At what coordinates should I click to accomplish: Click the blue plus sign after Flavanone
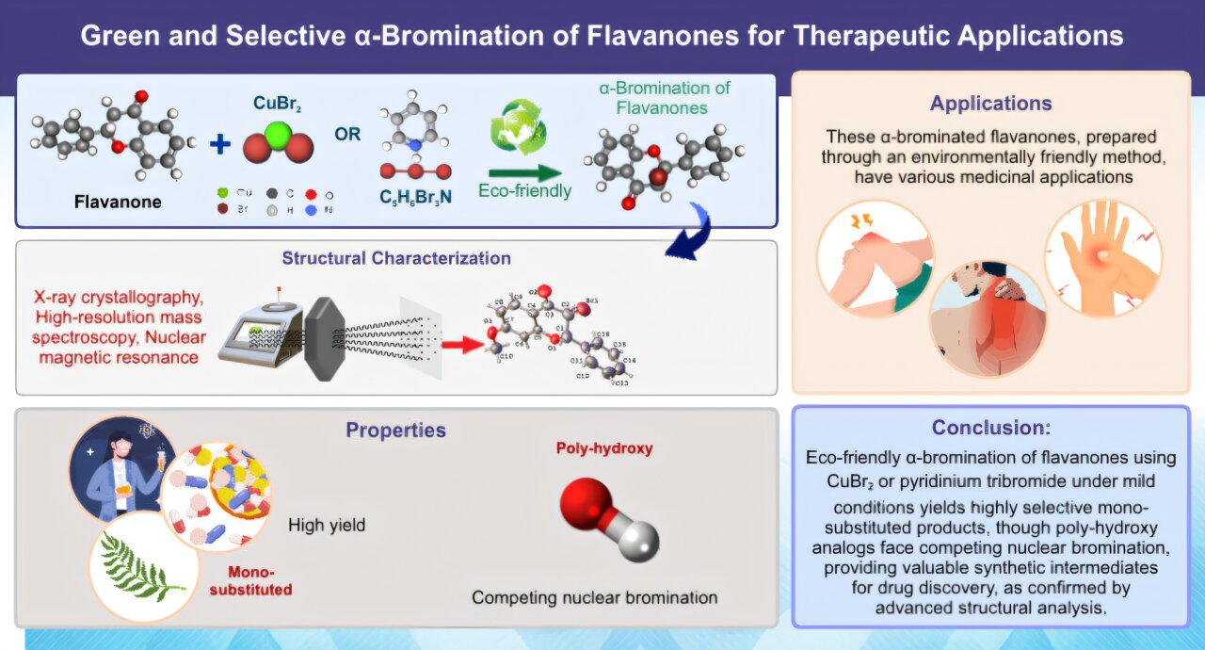coord(219,143)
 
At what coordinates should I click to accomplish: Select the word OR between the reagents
coord(347,134)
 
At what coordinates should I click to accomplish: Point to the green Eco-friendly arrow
coord(524,172)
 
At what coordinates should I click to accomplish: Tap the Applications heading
coord(991,104)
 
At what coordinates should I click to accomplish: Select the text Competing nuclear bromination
coord(594,597)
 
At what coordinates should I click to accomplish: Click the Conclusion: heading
coord(990,428)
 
